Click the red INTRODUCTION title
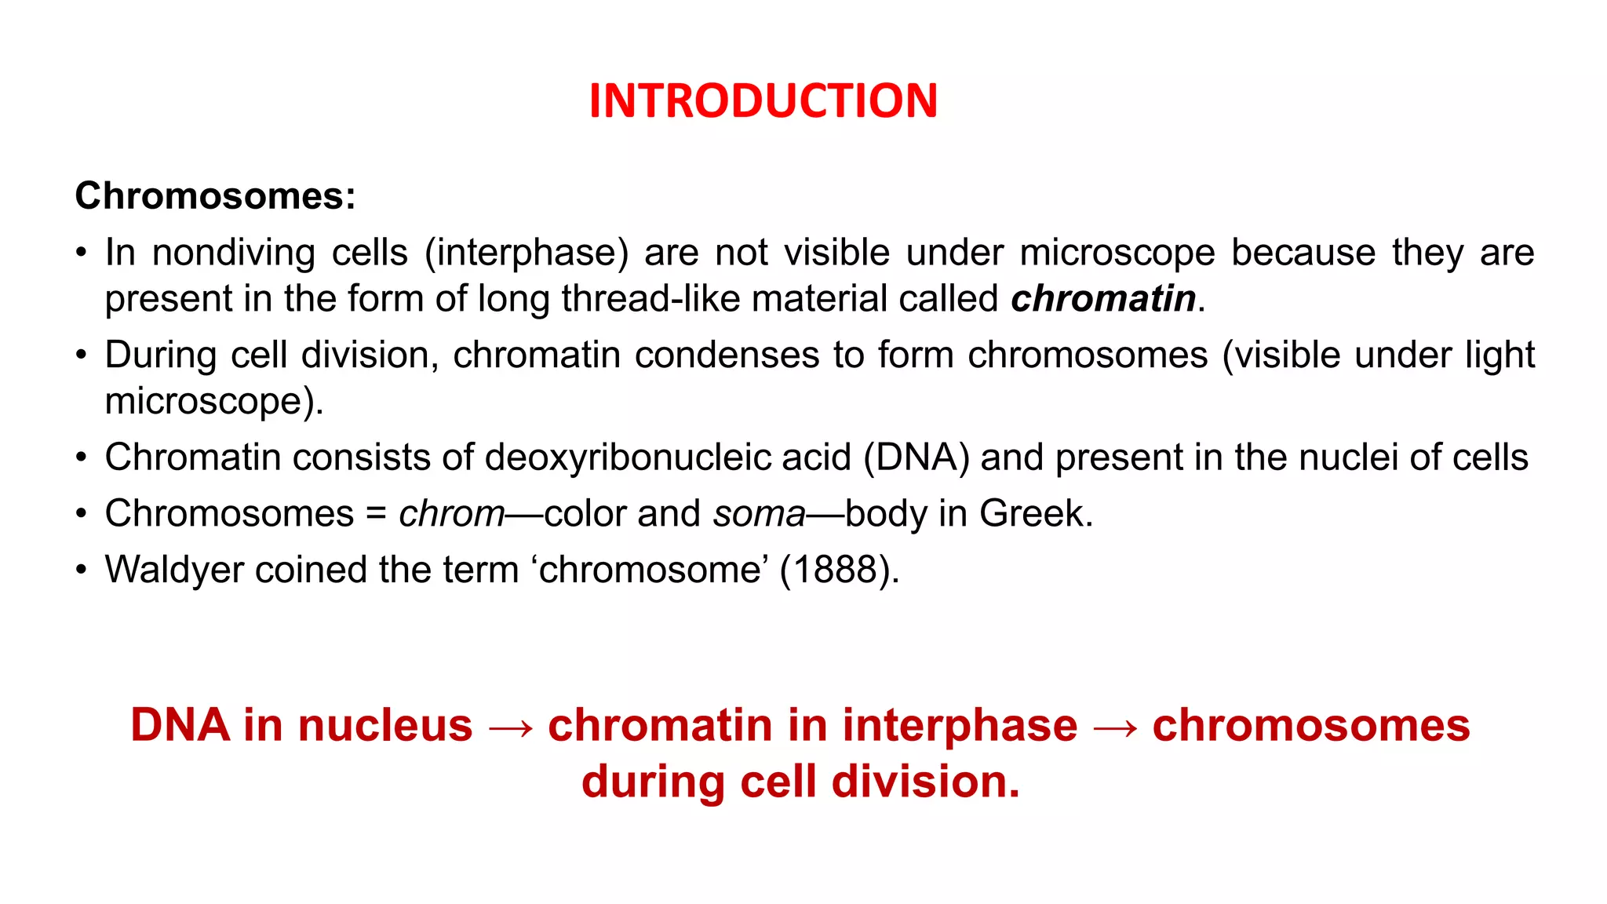tap(763, 101)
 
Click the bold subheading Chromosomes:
tap(215, 195)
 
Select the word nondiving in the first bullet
tap(233, 253)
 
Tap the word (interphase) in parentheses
tap(527, 253)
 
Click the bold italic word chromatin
tap(1103, 299)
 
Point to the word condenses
tap(727, 355)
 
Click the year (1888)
tap(838, 570)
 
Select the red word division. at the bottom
tap(925, 782)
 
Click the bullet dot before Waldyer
tap(81, 570)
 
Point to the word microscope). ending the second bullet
tap(213, 402)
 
